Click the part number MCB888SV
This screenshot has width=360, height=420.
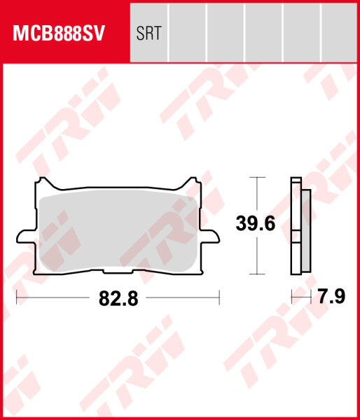59,33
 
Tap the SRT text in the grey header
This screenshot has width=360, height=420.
148,33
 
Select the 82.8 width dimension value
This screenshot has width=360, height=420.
118,299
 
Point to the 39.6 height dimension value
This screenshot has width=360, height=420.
256,224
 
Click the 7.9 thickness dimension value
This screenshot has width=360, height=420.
332,297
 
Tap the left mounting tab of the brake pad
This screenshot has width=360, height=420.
26,237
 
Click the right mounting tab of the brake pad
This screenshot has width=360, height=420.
210,237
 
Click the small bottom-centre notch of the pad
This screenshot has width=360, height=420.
118,272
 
